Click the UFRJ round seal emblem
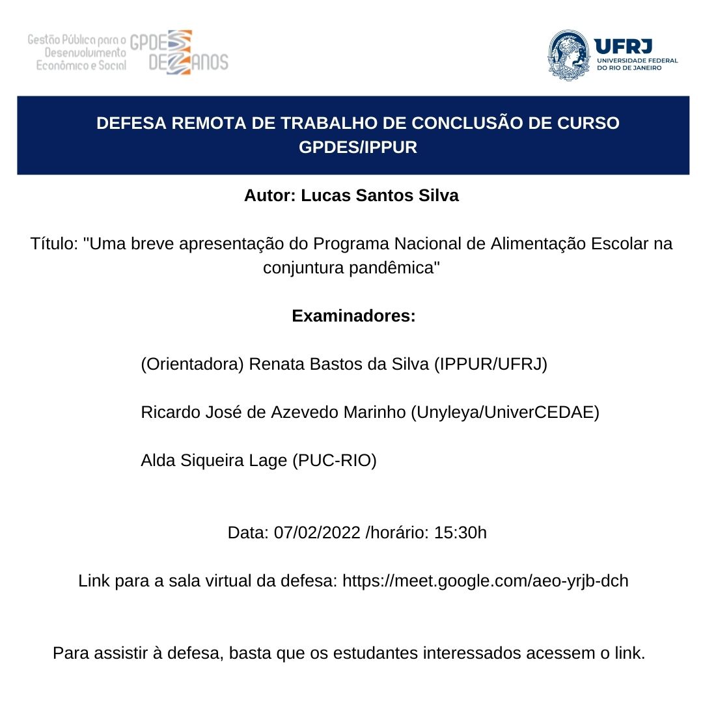569,55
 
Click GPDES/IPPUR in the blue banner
358,148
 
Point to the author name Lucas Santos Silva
379,196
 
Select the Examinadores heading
353,316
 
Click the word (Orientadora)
192,365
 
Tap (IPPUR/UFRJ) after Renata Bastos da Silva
490,365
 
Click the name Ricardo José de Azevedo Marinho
273,413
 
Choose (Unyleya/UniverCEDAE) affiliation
504,413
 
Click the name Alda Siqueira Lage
214,461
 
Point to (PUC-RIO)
334,461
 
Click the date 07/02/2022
317,533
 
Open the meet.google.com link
485,581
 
